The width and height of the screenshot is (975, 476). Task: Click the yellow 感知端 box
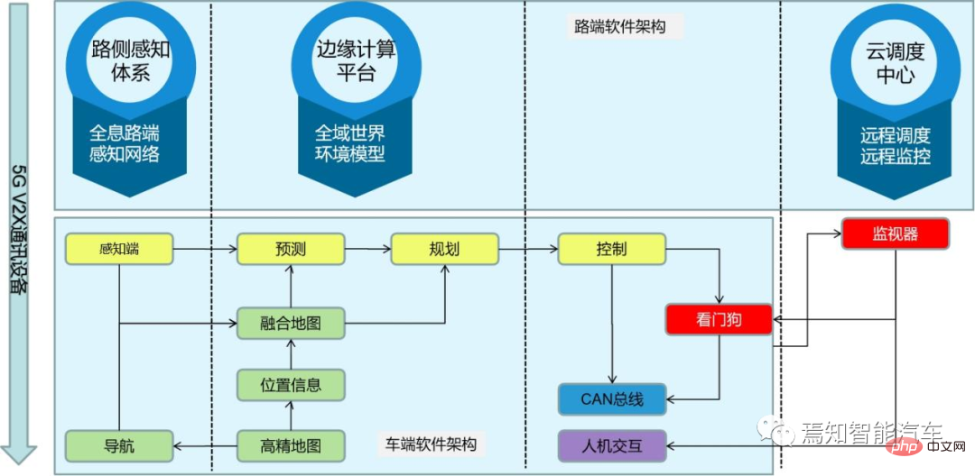(x=119, y=249)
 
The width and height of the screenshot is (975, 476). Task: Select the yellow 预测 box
(x=291, y=249)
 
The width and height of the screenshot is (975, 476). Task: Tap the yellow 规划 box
(x=444, y=249)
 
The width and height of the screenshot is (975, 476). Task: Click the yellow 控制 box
(x=611, y=249)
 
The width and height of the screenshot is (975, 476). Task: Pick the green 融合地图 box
(x=291, y=322)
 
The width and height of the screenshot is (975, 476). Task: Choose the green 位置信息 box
(x=291, y=384)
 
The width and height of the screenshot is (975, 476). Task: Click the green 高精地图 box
(x=291, y=444)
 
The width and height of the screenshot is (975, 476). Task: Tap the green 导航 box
(x=119, y=444)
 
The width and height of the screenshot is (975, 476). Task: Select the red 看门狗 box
(x=719, y=319)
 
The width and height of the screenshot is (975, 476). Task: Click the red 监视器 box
(x=895, y=233)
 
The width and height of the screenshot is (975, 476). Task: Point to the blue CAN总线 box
(x=611, y=398)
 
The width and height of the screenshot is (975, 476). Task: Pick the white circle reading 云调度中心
(x=895, y=63)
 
